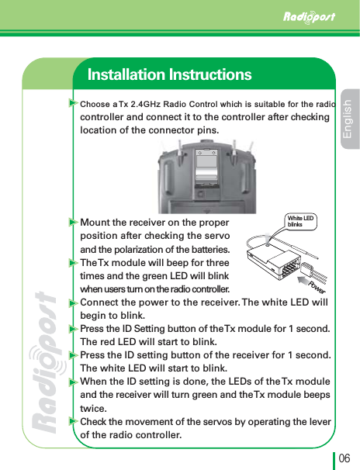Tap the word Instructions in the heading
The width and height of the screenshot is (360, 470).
[x=213, y=75]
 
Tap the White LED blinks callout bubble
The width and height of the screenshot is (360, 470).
[x=299, y=220]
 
